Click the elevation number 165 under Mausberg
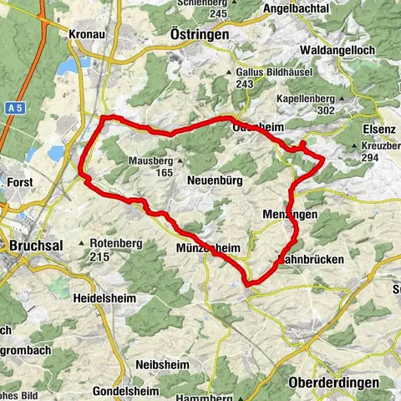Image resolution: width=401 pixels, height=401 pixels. point(164,172)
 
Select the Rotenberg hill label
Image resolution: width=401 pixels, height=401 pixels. point(115,243)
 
